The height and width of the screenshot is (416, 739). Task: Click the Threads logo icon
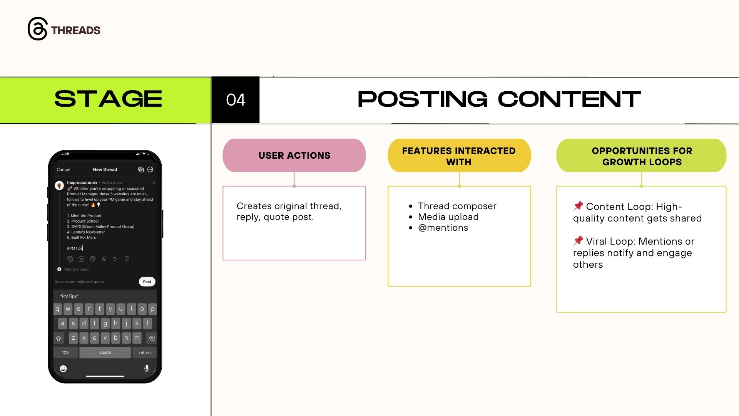click(x=37, y=29)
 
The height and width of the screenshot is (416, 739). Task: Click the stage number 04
click(x=236, y=100)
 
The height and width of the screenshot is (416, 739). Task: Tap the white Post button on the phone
click(x=147, y=282)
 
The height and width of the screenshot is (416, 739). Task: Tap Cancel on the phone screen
click(x=64, y=169)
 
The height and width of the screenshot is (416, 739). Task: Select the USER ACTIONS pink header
click(x=294, y=155)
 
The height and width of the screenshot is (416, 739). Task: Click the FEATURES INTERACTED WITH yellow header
click(x=459, y=156)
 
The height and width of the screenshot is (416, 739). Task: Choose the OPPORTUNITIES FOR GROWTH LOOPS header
click(x=641, y=156)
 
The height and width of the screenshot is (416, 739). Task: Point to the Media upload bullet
click(x=448, y=217)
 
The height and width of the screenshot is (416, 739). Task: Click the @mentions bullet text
click(x=443, y=228)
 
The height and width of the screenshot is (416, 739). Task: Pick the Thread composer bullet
click(x=457, y=206)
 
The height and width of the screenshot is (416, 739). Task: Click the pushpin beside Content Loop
click(x=578, y=206)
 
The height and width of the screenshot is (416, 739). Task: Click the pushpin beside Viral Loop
click(x=578, y=241)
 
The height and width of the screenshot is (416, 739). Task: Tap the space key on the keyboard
click(x=105, y=352)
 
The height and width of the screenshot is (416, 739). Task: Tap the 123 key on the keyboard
click(x=65, y=352)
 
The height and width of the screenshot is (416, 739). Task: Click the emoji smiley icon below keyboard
click(x=64, y=369)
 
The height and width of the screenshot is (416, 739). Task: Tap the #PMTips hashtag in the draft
click(x=75, y=248)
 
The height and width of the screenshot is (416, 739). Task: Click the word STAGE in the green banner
click(x=108, y=99)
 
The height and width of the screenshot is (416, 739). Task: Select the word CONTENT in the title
click(x=569, y=99)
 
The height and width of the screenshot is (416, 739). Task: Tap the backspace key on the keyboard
click(x=152, y=338)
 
